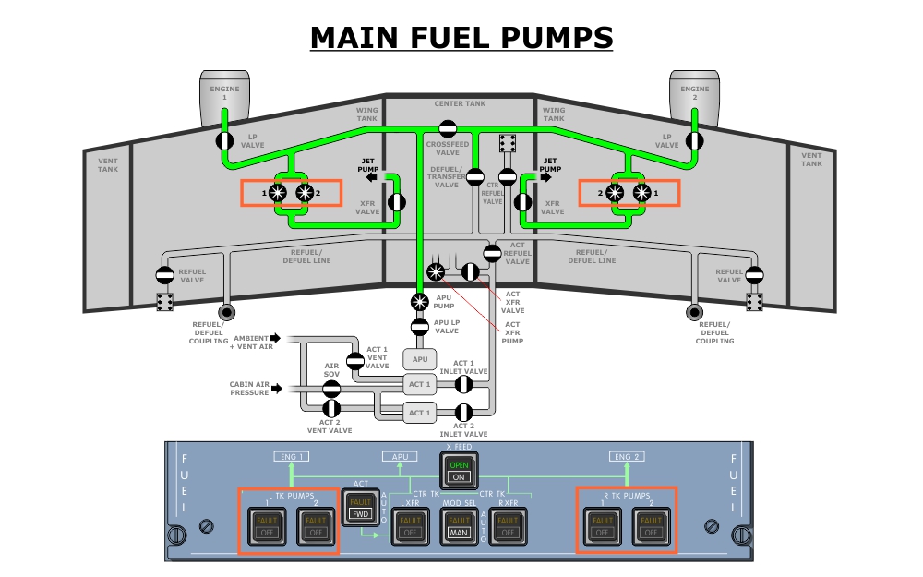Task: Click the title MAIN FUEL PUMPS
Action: [461, 38]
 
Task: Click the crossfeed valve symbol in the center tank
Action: [448, 129]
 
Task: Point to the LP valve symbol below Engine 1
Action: [224, 140]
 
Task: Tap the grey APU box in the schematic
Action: [419, 359]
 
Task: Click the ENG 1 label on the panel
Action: [292, 456]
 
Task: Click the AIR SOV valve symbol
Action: [331, 389]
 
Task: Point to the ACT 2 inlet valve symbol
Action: [464, 412]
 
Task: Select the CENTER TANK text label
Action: [460, 104]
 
